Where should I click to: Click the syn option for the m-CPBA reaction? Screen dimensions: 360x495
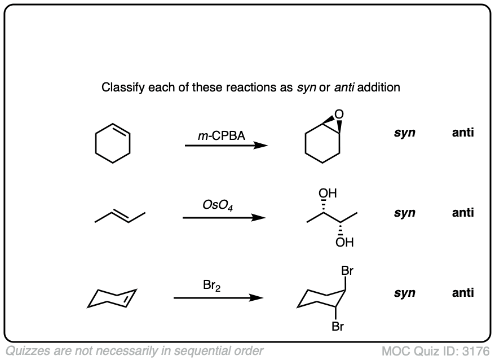point(405,134)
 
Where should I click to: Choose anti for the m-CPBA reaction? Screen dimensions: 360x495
point(462,134)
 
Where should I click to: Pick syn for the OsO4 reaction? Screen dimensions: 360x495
point(405,213)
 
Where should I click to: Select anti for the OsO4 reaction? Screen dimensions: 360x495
point(462,213)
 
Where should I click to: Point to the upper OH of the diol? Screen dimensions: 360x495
point(328,194)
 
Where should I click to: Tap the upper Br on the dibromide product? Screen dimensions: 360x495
point(348,271)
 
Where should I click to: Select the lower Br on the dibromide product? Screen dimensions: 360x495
point(338,326)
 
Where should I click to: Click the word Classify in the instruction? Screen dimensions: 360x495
point(120,88)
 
